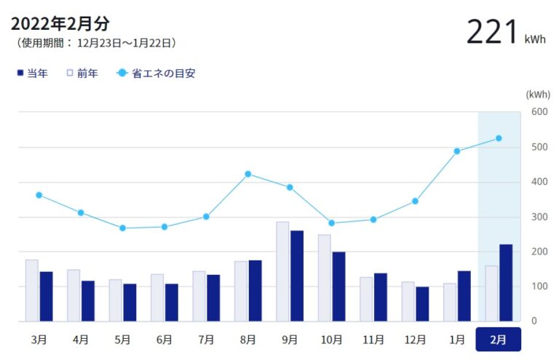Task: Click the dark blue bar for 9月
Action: click(x=297, y=276)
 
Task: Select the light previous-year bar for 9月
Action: click(x=282, y=271)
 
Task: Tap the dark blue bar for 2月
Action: click(x=506, y=283)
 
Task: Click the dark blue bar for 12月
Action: click(x=422, y=304)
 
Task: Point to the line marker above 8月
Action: click(x=248, y=174)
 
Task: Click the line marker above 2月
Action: click(x=499, y=138)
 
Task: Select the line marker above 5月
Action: click(x=122, y=228)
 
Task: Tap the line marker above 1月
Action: click(x=457, y=151)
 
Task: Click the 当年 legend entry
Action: click(x=32, y=73)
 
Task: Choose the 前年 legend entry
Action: click(x=82, y=73)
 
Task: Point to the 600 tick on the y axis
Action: click(x=539, y=111)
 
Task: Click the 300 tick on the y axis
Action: click(x=539, y=217)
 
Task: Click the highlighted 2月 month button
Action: click(x=499, y=339)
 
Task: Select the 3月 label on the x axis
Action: click(x=39, y=339)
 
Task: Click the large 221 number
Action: click(x=491, y=32)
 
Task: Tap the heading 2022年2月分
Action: click(x=60, y=24)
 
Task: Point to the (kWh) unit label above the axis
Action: click(x=538, y=94)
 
